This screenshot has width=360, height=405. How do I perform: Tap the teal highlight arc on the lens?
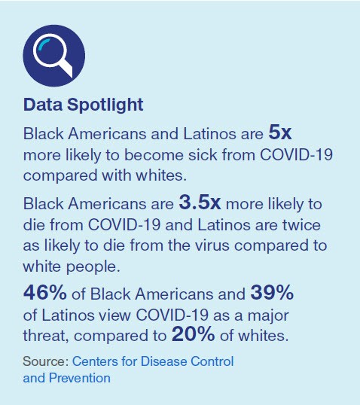[43, 44]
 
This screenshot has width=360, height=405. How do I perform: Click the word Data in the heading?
[43, 105]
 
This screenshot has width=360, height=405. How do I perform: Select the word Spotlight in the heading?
[105, 105]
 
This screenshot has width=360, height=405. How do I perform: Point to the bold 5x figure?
[280, 132]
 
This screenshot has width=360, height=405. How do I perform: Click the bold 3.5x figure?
[200, 202]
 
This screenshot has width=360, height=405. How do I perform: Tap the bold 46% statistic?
[44, 293]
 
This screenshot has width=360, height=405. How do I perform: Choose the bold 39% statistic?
[272, 293]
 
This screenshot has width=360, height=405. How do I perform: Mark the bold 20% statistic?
[193, 334]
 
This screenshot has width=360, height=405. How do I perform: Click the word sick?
[203, 155]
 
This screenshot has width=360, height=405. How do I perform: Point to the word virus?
[212, 245]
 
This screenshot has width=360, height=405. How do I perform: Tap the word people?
[93, 267]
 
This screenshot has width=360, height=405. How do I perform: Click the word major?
[268, 316]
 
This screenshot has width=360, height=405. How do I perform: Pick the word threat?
[46, 336]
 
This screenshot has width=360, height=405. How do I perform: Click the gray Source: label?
[46, 361]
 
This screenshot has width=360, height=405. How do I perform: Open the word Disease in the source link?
[163, 361]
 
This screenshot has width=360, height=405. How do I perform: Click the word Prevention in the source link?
[80, 378]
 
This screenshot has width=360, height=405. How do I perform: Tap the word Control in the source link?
[212, 361]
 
